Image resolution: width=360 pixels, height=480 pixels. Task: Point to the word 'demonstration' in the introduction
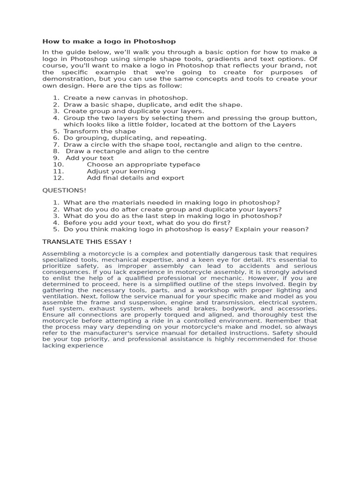click(65, 79)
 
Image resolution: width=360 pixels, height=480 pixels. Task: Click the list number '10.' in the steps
click(58, 165)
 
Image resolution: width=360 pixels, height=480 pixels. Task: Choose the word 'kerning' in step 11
click(140, 171)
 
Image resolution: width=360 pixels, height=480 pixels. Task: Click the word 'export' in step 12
click(173, 178)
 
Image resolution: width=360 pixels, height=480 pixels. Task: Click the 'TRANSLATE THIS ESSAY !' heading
click(87, 241)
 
